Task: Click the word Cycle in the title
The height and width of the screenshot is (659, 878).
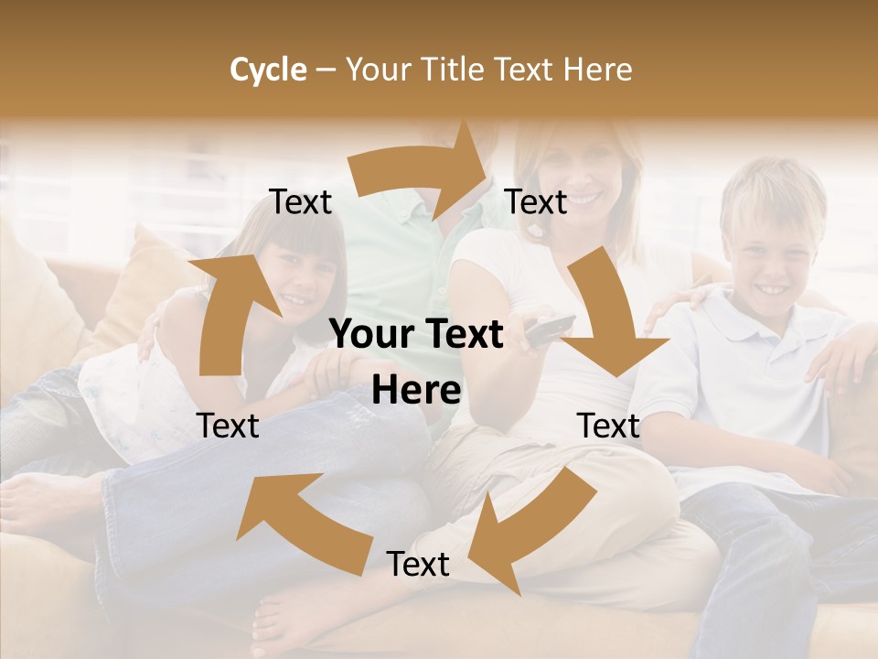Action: point(268,70)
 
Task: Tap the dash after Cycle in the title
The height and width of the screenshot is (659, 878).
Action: point(326,70)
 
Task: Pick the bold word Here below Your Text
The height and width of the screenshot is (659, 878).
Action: point(416,391)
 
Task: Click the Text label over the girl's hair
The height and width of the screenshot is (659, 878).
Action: point(300,202)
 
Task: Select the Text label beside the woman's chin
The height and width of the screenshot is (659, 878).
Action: point(536,202)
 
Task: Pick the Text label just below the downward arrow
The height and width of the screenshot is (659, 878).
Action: point(608,427)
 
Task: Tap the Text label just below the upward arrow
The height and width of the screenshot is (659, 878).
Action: point(228,427)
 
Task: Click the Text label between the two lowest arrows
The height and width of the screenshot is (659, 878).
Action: point(418,565)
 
